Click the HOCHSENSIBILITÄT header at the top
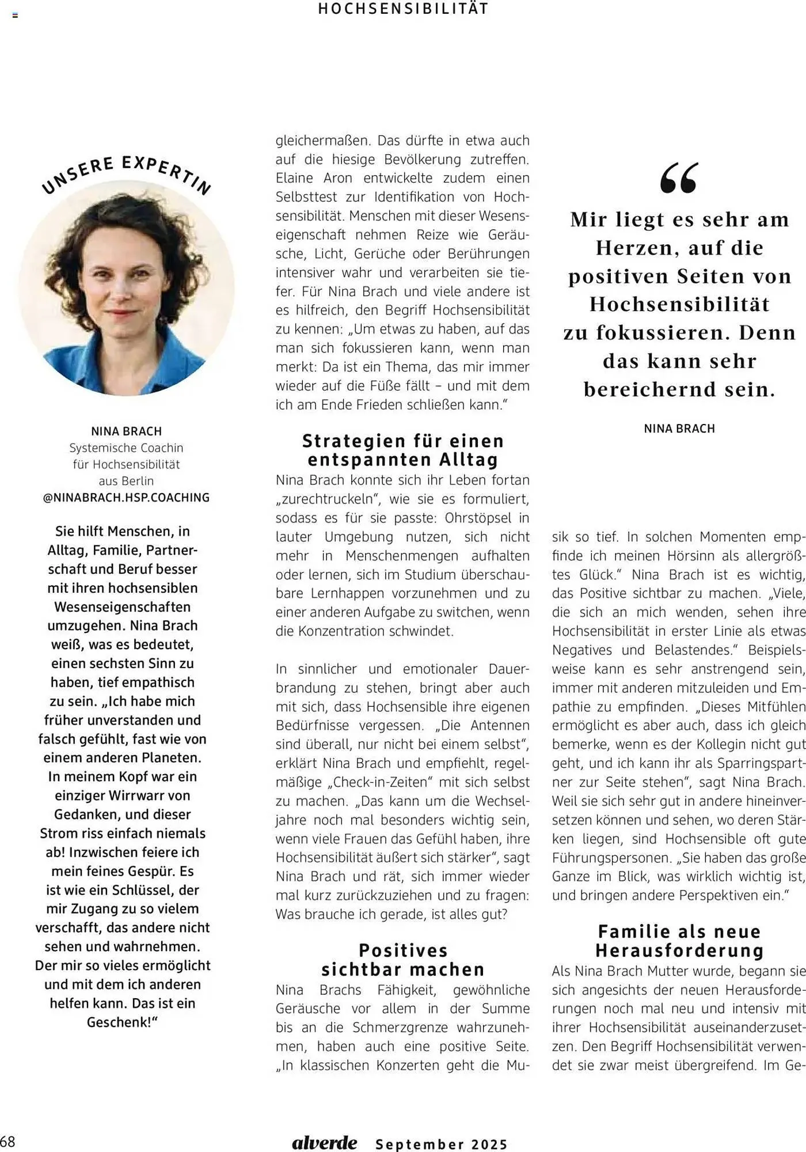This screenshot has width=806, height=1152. (x=403, y=9)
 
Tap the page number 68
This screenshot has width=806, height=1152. (x=8, y=1141)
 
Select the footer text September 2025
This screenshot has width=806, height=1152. (x=442, y=1144)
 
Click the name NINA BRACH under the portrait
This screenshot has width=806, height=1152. (x=126, y=431)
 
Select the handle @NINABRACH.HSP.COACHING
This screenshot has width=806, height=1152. (x=126, y=497)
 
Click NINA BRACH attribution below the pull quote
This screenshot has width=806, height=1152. (x=679, y=429)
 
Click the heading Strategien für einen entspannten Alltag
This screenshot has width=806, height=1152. (x=403, y=450)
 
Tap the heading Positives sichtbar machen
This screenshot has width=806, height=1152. (x=403, y=960)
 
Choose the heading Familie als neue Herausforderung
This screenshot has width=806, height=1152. (x=679, y=941)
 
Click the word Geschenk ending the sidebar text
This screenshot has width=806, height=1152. (x=120, y=1022)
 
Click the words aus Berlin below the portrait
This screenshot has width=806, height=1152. (x=126, y=480)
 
